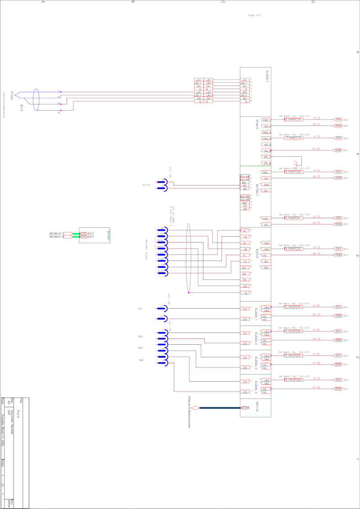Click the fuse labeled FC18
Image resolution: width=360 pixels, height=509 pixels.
pyautogui.click(x=293, y=120)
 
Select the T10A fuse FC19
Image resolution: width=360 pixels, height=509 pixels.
pyautogui.click(x=293, y=138)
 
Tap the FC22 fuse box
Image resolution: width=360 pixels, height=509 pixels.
pyautogui.click(x=293, y=248)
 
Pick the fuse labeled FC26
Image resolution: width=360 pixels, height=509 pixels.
pyautogui.click(x=293, y=379)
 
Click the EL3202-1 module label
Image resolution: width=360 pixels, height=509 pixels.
pyautogui.click(x=267, y=75)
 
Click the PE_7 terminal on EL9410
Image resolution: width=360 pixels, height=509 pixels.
pyautogui.click(x=266, y=157)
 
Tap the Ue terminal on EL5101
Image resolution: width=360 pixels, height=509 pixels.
pyautogui.click(x=244, y=280)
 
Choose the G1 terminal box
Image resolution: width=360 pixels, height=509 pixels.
pyautogui.click(x=244, y=268)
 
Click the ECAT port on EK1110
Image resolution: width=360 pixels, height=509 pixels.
pyautogui.click(x=245, y=408)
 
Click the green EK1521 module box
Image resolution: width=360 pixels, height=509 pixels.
pyautogui.click(x=94, y=235)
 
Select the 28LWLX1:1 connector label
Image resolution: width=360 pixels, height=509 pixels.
pyautogui.click(x=57, y=234)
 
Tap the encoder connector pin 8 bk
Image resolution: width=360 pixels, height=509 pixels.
pyautogui.click(x=161, y=272)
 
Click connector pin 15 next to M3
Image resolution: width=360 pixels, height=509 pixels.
pyautogui.click(x=161, y=308)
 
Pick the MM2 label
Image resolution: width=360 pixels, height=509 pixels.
pyautogui.click(x=141, y=348)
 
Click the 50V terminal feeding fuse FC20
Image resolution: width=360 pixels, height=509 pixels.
pyautogui.click(x=265, y=172)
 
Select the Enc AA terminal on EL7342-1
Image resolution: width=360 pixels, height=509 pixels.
pyautogui.click(x=244, y=176)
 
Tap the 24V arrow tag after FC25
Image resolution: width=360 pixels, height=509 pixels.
pyautogui.click(x=339, y=356)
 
